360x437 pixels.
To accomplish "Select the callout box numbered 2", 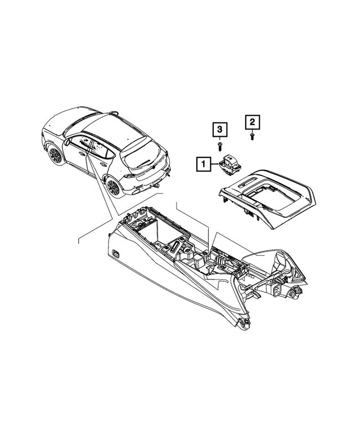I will click(252, 121).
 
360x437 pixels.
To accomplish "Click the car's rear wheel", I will click(114, 186).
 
